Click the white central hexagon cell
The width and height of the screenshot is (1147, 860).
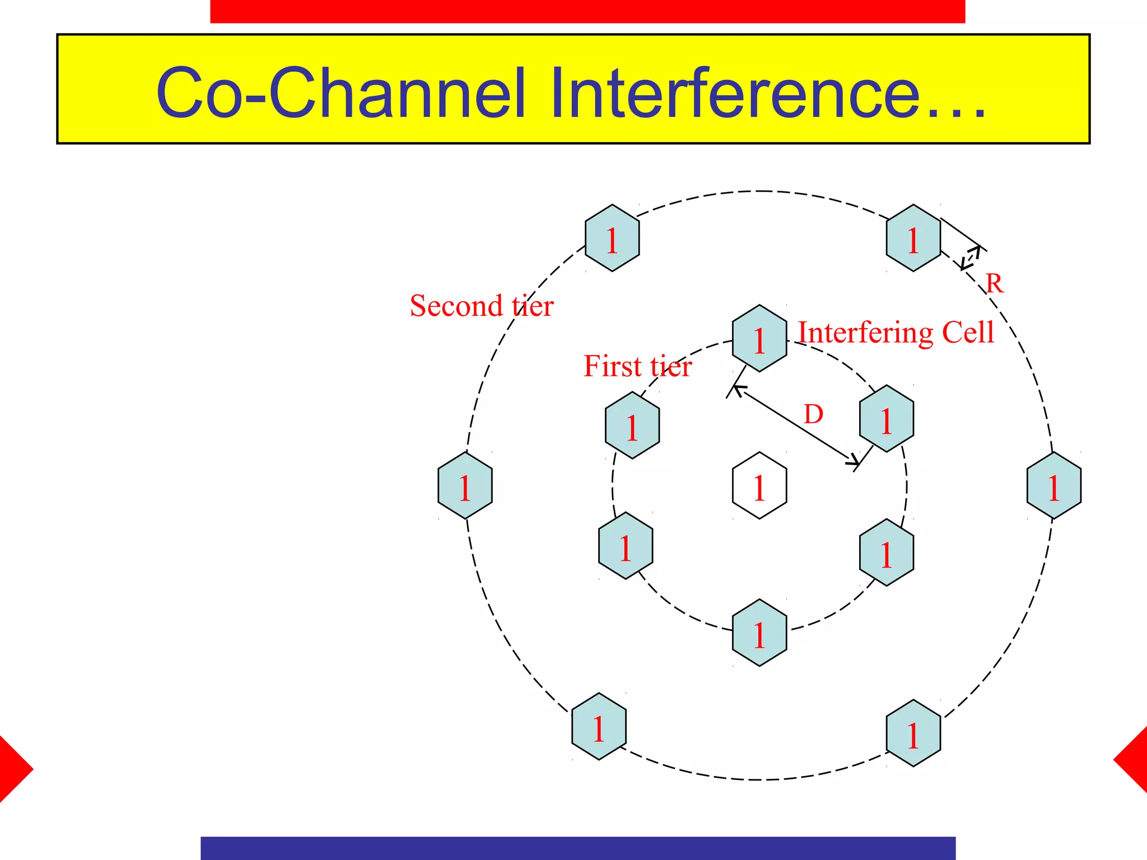pos(759,485)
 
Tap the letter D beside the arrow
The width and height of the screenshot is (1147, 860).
pos(813,415)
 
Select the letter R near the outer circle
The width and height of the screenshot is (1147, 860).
pos(994,284)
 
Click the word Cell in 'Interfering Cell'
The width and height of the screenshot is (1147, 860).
pos(968,333)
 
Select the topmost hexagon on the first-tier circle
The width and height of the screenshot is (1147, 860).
pos(759,338)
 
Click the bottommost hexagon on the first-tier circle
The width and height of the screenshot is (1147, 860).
pos(759,633)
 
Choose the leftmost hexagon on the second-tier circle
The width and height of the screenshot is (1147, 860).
pos(465,485)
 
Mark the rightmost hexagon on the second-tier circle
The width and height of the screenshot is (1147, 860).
pos(1053,485)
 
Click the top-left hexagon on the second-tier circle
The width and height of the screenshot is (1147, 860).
pos(612,238)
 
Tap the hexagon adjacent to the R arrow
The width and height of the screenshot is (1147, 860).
pos(913,238)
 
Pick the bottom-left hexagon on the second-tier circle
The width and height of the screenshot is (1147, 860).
pos(599,726)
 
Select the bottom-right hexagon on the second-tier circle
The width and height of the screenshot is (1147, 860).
pos(913,733)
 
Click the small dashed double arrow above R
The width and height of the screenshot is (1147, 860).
pos(970,258)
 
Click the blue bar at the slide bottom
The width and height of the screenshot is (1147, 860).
pos(578,848)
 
